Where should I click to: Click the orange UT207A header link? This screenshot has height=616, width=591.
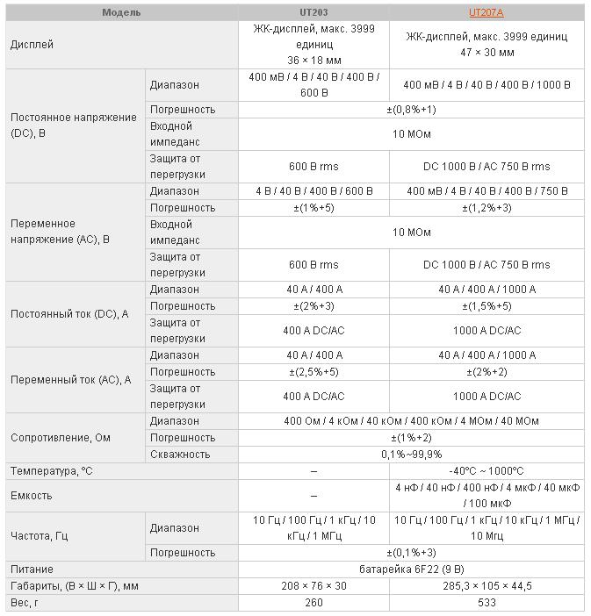(486, 12)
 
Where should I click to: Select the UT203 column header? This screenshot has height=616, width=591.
(314, 12)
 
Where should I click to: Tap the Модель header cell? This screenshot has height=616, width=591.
(121, 12)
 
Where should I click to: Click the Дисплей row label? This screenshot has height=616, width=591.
(32, 44)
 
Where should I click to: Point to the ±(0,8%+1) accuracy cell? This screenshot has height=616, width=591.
(411, 110)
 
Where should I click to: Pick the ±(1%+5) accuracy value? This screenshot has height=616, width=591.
(314, 208)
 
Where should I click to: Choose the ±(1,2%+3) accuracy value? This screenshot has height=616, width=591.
(486, 208)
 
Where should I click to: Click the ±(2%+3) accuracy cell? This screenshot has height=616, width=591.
(314, 306)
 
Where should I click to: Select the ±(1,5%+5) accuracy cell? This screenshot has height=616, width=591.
(486, 306)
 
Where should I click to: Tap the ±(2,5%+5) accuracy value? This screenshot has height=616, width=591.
(314, 372)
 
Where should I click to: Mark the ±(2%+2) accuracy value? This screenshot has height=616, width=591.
(486, 372)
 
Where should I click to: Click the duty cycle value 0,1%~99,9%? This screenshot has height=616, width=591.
(411, 455)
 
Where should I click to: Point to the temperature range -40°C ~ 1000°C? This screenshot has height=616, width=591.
(486, 471)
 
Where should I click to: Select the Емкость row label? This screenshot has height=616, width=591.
(32, 496)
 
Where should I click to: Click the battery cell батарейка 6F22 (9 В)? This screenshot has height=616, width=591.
(411, 569)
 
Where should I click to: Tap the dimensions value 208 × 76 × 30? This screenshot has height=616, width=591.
(314, 586)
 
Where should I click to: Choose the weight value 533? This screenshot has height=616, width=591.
(486, 603)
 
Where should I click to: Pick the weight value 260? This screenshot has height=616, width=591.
(314, 603)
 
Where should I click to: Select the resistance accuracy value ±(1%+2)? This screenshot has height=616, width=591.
(411, 438)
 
